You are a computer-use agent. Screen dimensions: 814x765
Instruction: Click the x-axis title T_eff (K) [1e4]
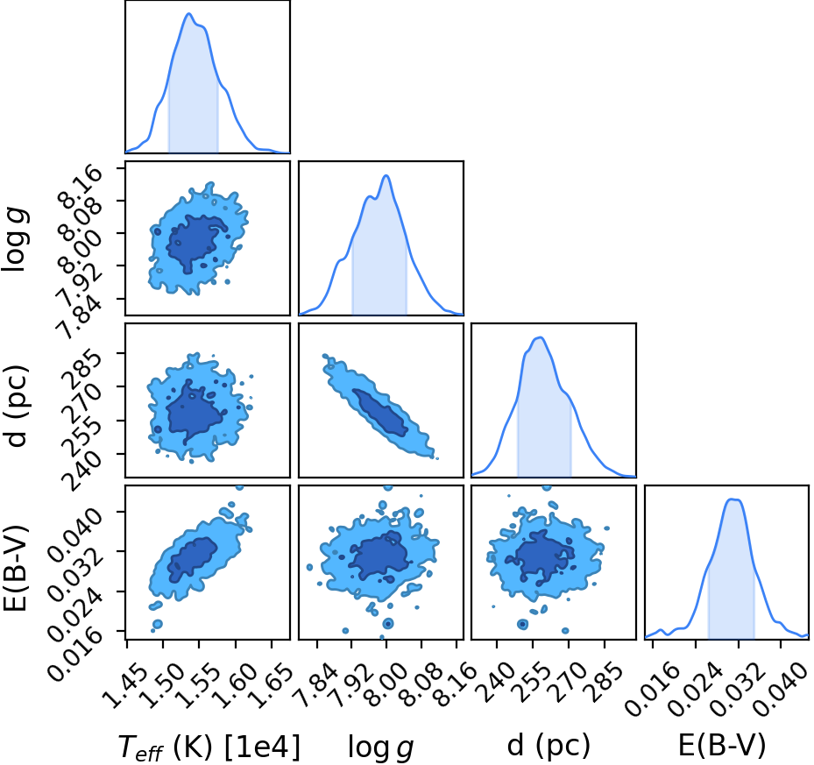[x=209, y=747]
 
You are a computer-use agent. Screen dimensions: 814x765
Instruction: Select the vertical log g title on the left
[x=15, y=238]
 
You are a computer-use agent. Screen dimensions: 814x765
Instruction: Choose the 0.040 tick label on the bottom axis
[x=780, y=684]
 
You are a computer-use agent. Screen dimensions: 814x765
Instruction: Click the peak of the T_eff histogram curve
[x=188, y=13]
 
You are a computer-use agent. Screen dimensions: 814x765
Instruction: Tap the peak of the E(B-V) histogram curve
[x=733, y=499]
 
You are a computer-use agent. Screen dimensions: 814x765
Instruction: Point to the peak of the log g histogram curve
[x=386, y=175]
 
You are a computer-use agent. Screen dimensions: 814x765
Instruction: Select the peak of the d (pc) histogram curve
[x=540, y=337]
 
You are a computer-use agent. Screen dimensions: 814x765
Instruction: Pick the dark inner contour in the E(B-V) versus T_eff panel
[x=193, y=558]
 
